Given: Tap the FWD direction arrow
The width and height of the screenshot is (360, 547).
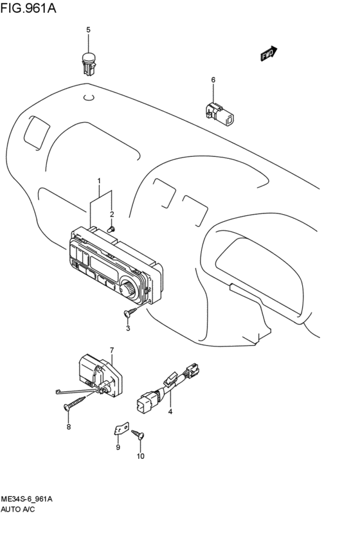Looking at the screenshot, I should pos(269,54).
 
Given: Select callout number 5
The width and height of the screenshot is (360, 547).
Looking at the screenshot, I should pos(89,30).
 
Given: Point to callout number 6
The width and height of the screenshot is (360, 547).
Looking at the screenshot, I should pos(213,80).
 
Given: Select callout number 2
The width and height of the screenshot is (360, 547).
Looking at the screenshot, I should pos(111,214).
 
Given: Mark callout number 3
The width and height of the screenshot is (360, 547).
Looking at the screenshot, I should pos(128,328).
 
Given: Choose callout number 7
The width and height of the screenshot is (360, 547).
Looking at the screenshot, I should pos(111,350).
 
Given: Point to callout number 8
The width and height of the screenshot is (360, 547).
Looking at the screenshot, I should pos(69,426).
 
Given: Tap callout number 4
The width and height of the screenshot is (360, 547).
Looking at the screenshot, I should pos(170,411).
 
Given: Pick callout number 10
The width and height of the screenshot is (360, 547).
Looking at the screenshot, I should pos(140,456).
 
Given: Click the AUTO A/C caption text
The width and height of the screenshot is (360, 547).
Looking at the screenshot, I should pos(18,509).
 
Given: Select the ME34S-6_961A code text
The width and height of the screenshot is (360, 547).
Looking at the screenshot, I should pos(26,499).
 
